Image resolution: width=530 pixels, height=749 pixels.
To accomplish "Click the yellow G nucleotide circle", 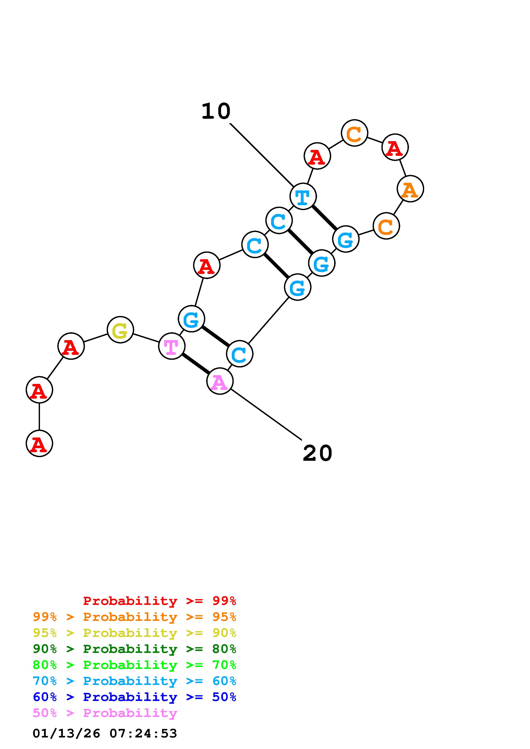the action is [120, 330].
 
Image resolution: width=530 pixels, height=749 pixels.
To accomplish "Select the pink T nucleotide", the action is [171, 346].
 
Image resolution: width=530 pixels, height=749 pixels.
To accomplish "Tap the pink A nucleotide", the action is [220, 381].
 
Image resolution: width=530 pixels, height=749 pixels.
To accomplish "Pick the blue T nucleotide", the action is [303, 196].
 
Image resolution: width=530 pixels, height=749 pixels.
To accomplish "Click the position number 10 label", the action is [216, 111].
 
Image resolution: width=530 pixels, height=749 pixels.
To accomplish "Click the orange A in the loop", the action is [410, 189].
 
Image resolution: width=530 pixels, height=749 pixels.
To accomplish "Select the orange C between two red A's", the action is [354, 133].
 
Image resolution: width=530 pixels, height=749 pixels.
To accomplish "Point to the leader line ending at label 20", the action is [266, 414].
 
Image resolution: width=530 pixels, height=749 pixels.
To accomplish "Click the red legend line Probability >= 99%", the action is [160, 601].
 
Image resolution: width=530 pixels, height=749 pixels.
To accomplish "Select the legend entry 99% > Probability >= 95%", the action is [134, 617].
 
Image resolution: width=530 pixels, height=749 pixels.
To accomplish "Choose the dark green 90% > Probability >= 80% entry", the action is [134, 649].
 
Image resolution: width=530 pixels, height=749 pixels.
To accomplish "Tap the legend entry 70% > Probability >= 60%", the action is [134, 681].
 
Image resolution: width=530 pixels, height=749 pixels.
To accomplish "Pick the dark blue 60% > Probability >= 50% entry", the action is [134, 697].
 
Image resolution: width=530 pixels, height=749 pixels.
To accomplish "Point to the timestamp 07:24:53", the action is [143, 733].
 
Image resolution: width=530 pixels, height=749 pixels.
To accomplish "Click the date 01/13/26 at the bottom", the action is [66, 733].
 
